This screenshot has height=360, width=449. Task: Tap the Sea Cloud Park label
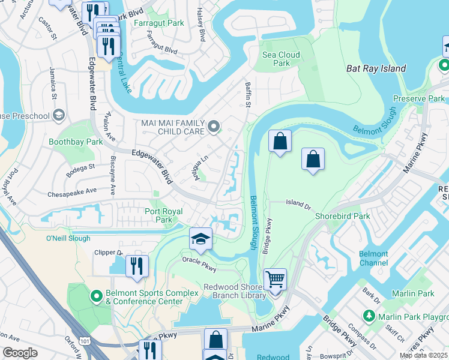280,59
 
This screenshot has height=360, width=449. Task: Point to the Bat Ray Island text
376,69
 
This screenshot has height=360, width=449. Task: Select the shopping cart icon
275,279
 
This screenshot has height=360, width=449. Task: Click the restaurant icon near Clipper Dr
137,265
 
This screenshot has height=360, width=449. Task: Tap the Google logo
20,352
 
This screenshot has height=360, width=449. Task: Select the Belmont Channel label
373,258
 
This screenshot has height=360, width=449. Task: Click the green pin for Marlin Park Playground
369,316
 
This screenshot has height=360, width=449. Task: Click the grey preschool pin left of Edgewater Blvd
58,115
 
